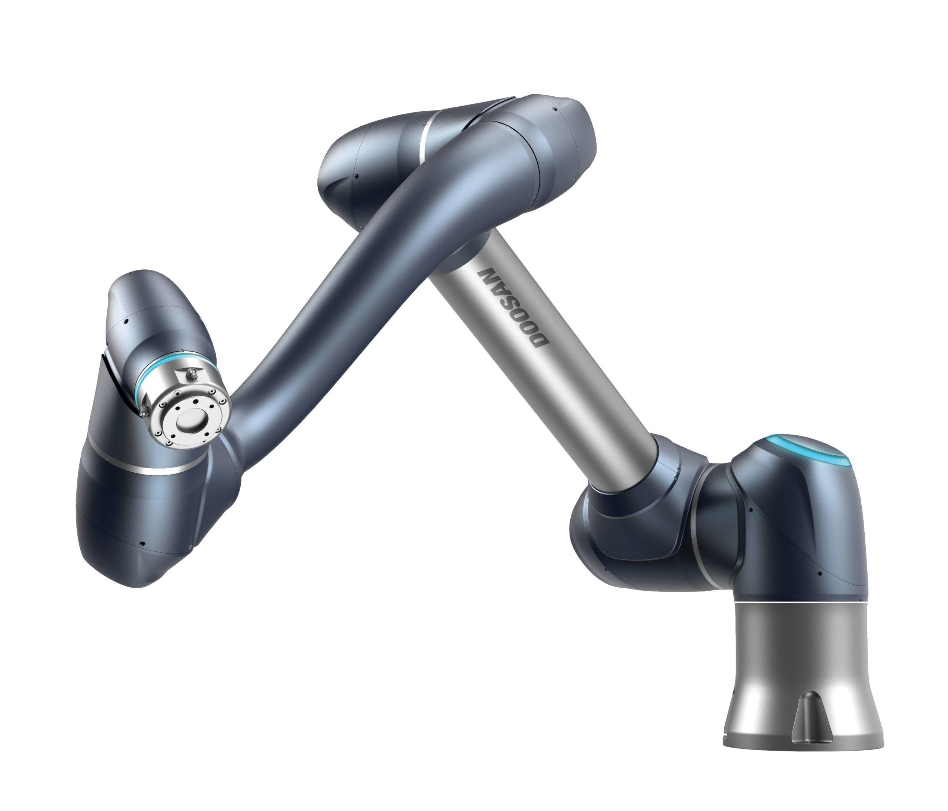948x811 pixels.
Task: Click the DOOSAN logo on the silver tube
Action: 513,307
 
